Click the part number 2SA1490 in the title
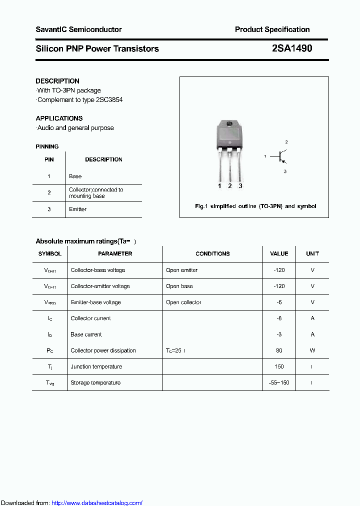pos(292,48)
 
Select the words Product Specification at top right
pos(272,29)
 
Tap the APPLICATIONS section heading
pos(59,118)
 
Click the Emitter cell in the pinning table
pos(77,209)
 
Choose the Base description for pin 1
pos(75,176)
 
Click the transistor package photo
pos(229,145)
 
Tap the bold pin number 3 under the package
pos(240,185)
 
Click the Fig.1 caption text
pos(255,206)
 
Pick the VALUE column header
pos(279,253)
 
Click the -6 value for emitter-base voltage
pos(279,302)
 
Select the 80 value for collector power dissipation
pos(279,350)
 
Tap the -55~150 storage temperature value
pos(279,382)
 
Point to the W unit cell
pos(312,350)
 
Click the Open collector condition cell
pos(183,302)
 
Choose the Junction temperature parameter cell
pos(96,366)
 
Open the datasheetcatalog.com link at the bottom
pos(97,502)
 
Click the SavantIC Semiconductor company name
pos(78,29)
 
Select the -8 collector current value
pos(279,318)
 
